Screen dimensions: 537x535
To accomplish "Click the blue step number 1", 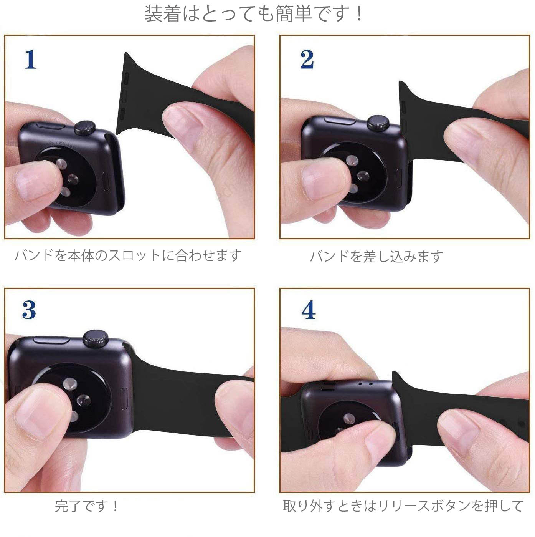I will (x=30, y=60).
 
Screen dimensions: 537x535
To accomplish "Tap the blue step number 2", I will (x=307, y=60).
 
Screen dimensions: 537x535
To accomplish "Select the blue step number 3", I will (x=29, y=310).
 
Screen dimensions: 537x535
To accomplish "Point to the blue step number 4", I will (x=309, y=310).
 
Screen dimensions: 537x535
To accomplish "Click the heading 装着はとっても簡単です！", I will (x=253, y=14).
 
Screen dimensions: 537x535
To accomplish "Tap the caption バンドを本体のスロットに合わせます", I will (x=128, y=255).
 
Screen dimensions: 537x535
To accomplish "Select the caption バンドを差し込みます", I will (x=376, y=256).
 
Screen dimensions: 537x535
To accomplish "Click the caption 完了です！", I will (x=87, y=506).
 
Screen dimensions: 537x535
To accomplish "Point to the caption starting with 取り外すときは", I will (x=403, y=506).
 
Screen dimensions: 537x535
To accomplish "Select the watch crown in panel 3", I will (x=96, y=338).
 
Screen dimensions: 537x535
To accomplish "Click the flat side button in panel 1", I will (x=50, y=126).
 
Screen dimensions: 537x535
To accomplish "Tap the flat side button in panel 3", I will (x=51, y=340).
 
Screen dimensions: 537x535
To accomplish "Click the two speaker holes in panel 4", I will (x=365, y=383).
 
